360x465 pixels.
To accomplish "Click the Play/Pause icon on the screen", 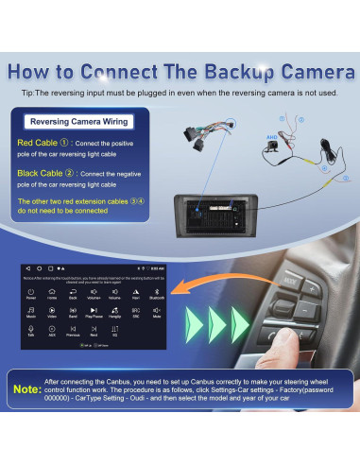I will tap(94, 312).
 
